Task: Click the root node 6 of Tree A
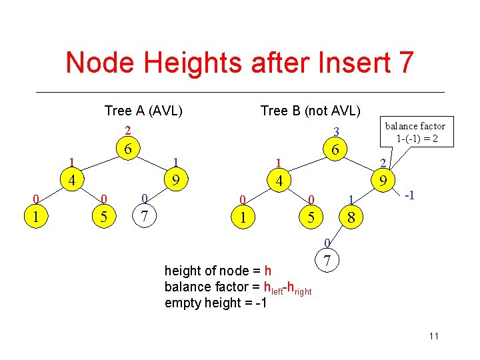[126, 149]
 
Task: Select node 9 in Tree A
[176, 179]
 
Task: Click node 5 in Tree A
[103, 215]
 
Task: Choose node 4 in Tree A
[70, 180]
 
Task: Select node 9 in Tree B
[383, 180]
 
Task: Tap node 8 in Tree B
[351, 216]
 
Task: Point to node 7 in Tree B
[327, 259]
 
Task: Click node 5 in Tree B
[311, 216]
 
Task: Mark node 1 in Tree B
[243, 216]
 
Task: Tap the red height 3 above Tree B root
[337, 131]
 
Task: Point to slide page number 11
[434, 336]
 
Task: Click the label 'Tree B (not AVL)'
[310, 110]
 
